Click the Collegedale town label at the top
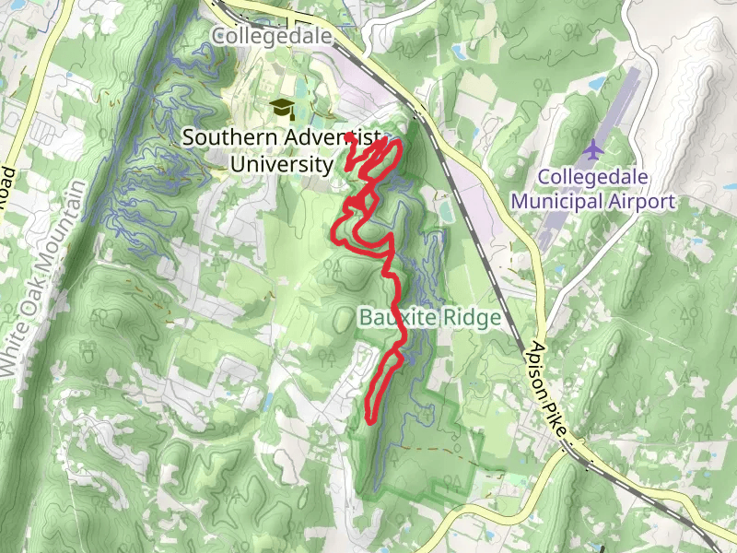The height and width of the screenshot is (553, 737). coord(271,35)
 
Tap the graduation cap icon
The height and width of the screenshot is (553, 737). coord(281,109)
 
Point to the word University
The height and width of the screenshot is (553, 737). coord(280,164)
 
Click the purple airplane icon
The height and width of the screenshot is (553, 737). coord(593,147)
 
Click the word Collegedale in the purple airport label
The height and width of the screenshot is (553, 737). coord(593,176)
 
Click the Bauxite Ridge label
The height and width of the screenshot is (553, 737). coord(428,318)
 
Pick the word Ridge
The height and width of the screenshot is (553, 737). coord(473,318)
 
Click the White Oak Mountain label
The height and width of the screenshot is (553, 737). coord(44,276)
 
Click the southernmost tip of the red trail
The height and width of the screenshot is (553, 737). coord(370,420)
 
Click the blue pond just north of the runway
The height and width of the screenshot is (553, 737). coord(598,83)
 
